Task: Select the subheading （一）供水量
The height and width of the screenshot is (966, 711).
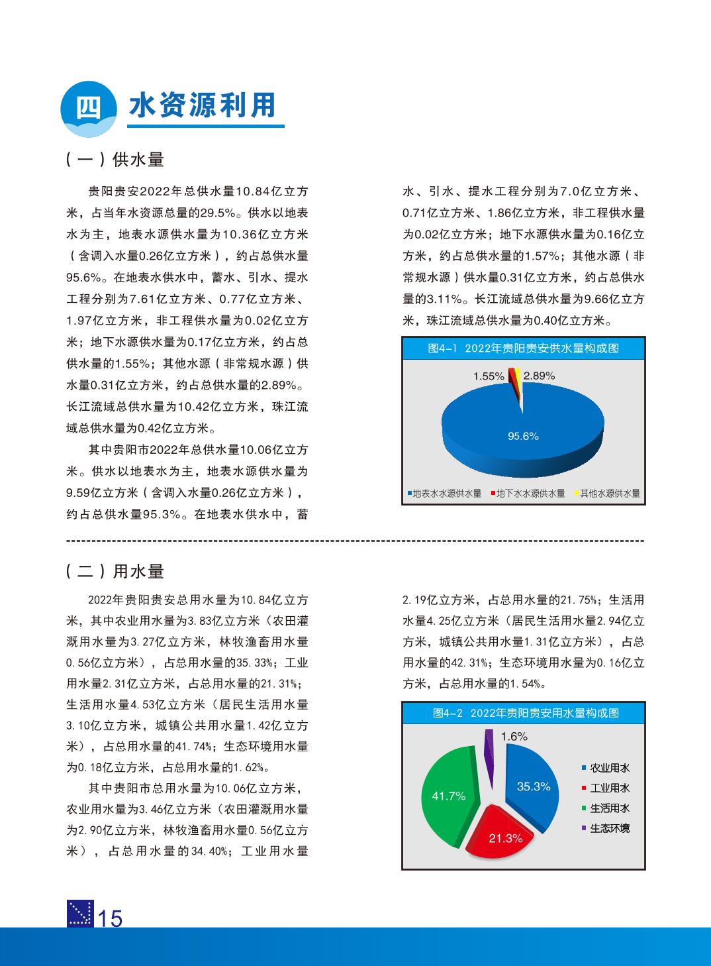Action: point(115,160)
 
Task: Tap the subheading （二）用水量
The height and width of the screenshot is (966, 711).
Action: point(115,572)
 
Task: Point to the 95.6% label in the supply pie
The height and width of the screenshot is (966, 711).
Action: point(523,436)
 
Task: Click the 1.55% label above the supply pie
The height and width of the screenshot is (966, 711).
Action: point(489,376)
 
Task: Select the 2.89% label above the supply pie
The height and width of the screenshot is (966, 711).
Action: point(539,376)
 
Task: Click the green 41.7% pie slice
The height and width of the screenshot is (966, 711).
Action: point(448,795)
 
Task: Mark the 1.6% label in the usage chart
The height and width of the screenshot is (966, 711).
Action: point(514,736)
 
